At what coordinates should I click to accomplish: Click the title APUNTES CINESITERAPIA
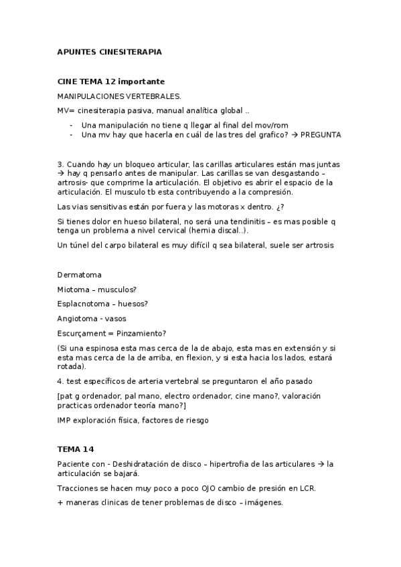coord(110,51)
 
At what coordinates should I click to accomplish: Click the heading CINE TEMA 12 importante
coord(110,81)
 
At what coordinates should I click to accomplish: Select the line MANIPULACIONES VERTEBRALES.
coord(118,96)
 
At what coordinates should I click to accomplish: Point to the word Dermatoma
coord(80,274)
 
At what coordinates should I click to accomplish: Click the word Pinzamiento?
coord(141,333)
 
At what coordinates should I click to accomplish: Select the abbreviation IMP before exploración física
coord(66,420)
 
